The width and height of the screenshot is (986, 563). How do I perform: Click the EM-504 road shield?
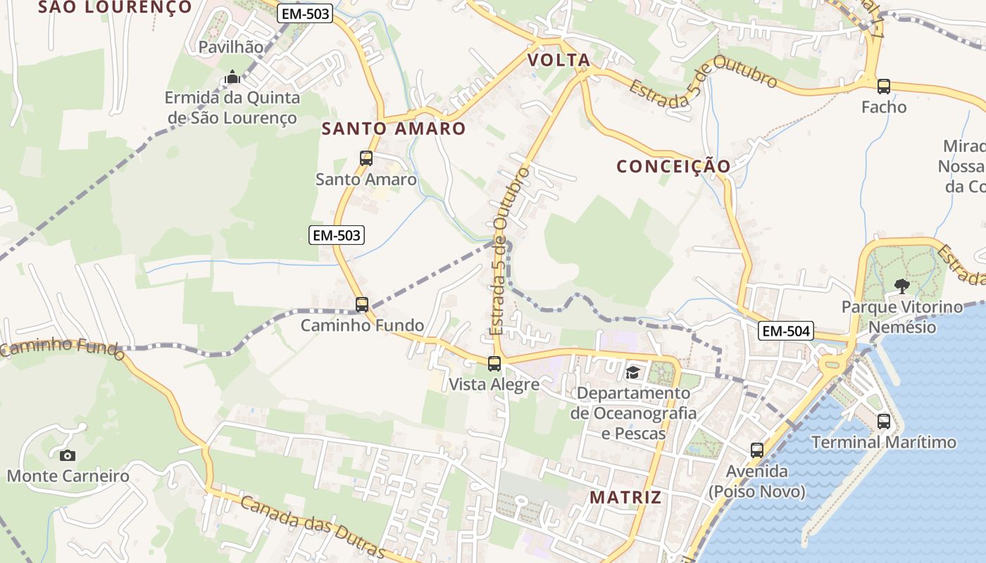tap(786, 330)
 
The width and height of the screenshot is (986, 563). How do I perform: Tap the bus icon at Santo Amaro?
tap(366, 158)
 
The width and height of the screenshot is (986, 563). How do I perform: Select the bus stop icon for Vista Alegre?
tap(494, 364)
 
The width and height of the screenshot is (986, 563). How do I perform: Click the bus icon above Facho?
tap(884, 87)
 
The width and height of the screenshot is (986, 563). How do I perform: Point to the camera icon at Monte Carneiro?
tap(68, 455)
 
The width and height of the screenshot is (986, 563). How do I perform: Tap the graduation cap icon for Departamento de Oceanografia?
tap(632, 372)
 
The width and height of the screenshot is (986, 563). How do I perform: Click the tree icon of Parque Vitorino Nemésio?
tap(901, 286)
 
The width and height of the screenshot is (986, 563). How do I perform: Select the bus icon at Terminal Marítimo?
tap(884, 422)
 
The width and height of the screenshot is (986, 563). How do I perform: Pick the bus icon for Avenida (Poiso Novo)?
tap(757, 450)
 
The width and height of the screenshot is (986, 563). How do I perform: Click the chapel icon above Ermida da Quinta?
tap(232, 77)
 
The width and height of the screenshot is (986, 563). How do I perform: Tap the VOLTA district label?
tap(559, 61)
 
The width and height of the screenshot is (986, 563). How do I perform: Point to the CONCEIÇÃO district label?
tap(673, 167)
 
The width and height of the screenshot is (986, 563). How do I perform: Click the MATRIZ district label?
tap(625, 498)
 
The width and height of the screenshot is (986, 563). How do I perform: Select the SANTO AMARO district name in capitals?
tap(394, 129)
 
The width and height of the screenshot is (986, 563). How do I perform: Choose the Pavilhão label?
tap(231, 47)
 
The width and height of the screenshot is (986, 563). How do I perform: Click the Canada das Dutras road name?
tap(312, 526)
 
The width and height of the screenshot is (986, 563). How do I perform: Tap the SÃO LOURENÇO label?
tap(115, 7)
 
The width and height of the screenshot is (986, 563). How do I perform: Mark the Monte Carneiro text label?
tap(68, 476)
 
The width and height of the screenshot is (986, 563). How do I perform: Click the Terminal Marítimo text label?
tap(884, 443)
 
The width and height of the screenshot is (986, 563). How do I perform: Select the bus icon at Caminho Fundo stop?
tap(362, 305)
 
